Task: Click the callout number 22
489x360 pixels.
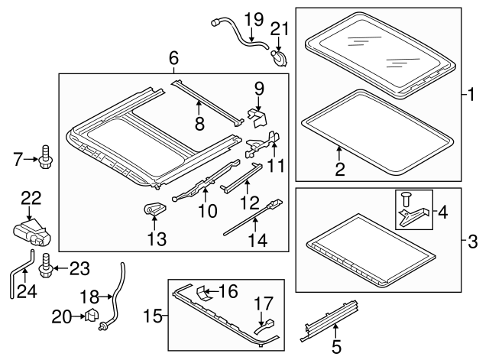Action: (31, 198)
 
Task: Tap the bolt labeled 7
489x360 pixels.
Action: (46, 157)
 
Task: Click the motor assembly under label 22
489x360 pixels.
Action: (31, 232)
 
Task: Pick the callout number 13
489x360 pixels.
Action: (157, 239)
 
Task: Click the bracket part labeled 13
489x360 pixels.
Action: (154, 208)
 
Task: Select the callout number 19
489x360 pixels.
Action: (254, 20)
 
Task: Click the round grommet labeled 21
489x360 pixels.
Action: (278, 58)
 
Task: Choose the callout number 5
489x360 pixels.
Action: (336, 347)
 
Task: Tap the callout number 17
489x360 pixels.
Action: (264, 303)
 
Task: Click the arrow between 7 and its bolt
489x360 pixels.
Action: (31, 159)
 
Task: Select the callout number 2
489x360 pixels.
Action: (339, 169)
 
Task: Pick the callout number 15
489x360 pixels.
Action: (153, 316)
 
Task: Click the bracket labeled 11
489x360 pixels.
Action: (262, 144)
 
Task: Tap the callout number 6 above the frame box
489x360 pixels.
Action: (173, 58)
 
